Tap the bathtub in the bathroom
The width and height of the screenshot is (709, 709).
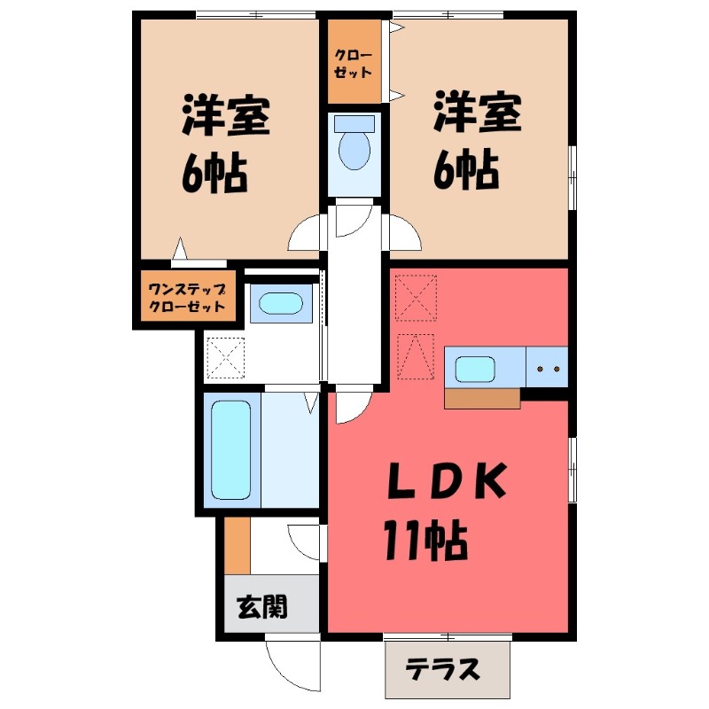(232, 450)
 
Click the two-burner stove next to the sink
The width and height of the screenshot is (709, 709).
(546, 368)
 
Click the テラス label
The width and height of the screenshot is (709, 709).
(448, 668)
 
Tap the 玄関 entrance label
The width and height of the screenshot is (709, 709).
(261, 607)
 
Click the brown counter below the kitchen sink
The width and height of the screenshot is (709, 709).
(482, 399)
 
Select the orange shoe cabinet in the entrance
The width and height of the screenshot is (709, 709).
(237, 546)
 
